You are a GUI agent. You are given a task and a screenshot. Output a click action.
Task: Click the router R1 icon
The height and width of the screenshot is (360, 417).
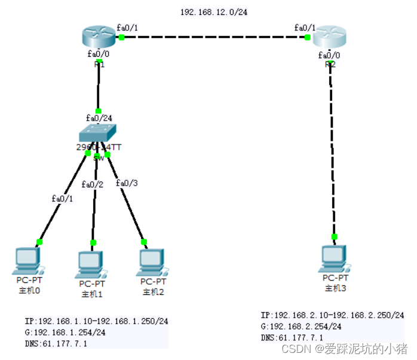coord(98,37)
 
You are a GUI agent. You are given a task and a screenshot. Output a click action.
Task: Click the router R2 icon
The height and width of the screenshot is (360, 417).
coord(330,37)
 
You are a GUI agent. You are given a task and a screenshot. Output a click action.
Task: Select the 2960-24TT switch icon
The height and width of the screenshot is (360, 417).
coord(98,133)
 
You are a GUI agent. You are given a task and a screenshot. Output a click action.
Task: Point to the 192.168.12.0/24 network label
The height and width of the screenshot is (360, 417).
coord(213,11)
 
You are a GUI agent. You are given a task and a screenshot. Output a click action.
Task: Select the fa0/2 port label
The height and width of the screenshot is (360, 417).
coord(93,184)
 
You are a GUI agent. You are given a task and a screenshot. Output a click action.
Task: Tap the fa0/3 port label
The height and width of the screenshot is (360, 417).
coord(127,183)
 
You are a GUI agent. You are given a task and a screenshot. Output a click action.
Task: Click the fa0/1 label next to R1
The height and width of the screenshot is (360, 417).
coord(127,27)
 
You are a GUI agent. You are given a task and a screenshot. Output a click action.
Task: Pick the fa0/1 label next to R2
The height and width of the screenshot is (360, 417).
coord(305,27)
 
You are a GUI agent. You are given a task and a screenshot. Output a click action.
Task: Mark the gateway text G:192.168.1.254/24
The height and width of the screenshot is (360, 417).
coord(66,332)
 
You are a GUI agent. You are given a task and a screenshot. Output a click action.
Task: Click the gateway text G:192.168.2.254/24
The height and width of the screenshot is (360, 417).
coord(301,326)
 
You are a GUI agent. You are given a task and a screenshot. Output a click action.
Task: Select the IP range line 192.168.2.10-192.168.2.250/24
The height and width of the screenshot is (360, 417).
coord(332,315)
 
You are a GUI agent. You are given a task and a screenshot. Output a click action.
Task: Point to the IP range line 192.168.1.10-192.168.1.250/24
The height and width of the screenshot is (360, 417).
coord(96,321)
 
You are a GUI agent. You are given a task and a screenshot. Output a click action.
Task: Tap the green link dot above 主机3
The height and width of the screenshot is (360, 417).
coord(334,236)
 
